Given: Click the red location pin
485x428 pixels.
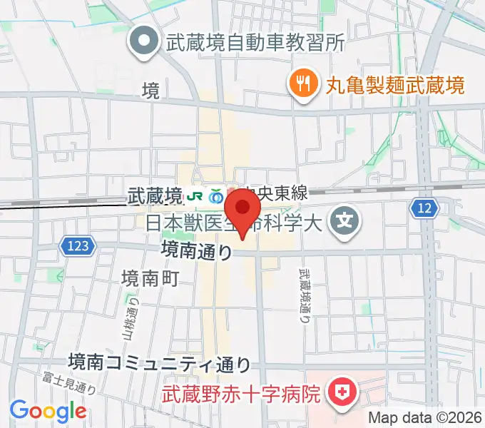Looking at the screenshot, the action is point(242,211).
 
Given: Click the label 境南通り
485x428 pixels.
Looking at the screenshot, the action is point(196,250).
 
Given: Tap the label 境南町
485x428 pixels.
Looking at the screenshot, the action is point(150,278).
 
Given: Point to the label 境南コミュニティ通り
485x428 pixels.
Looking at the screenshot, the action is point(160,364).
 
